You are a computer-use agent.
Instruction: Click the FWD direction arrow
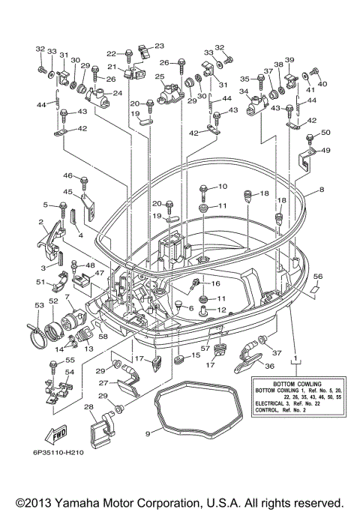(55, 435)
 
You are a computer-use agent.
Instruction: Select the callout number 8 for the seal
(322, 190)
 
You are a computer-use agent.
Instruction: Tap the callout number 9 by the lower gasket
(148, 433)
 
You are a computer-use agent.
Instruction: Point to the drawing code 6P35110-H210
(58, 453)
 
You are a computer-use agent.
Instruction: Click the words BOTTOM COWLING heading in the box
(297, 384)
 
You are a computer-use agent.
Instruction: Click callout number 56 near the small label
(318, 277)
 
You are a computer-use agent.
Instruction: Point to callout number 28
(88, 407)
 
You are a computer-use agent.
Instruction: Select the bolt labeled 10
(202, 192)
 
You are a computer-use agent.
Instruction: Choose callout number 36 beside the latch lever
(269, 366)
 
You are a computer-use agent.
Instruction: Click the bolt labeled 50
(309, 138)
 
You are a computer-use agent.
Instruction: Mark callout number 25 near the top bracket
(160, 76)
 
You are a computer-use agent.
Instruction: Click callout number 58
(103, 336)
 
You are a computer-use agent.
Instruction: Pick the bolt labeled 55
(53, 367)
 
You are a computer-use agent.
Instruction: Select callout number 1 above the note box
(295, 358)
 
